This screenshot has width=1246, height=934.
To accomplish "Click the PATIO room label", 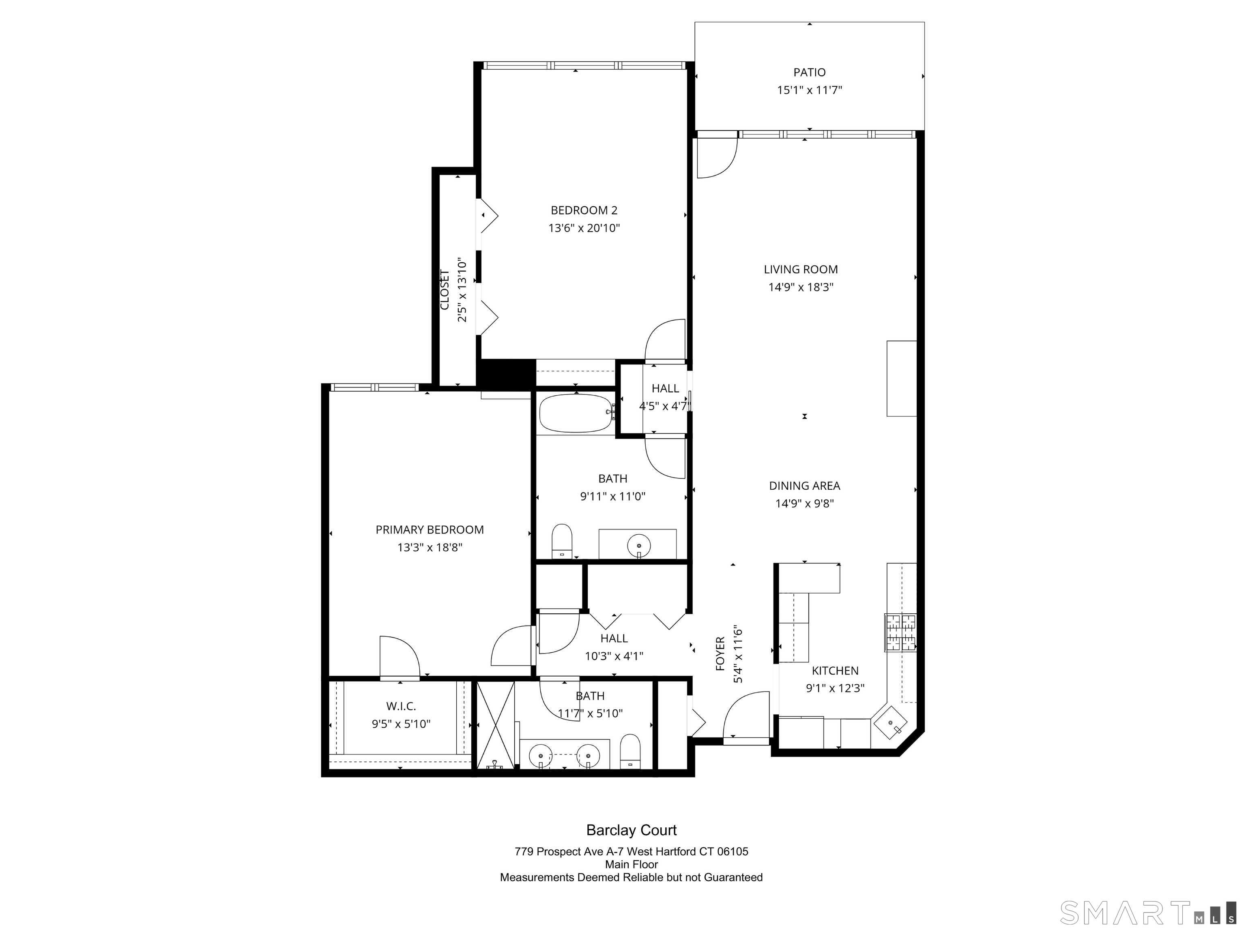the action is pos(810,72).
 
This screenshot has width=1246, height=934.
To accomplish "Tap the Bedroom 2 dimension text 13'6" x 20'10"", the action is pos(584,228).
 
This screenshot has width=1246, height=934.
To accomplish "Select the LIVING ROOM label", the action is pos(800,270).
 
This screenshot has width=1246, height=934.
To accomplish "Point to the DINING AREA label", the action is pos(804,486).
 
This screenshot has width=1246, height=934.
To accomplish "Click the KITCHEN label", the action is pos(835,671).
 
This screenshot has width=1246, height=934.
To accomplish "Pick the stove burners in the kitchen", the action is pos(900,632).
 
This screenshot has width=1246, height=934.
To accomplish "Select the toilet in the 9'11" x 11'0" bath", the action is pos(562,540).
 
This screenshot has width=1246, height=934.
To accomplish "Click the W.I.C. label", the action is pos(401,706).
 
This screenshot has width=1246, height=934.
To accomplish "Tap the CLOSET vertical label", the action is pos(445,290).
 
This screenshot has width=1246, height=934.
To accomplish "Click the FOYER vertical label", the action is pos(720,653).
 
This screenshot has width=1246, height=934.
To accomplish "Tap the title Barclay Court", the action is pos(632,830).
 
